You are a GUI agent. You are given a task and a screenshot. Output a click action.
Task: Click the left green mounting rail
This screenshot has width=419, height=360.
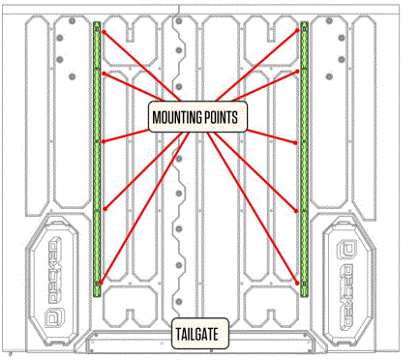click(x=97, y=160)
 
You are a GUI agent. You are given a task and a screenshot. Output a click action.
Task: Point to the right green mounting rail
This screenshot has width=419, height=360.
click(x=304, y=160)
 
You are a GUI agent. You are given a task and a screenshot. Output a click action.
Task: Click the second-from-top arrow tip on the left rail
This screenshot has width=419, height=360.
click(x=100, y=75)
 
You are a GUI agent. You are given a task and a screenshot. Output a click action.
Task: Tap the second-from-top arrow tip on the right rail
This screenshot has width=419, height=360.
click(x=301, y=75)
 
